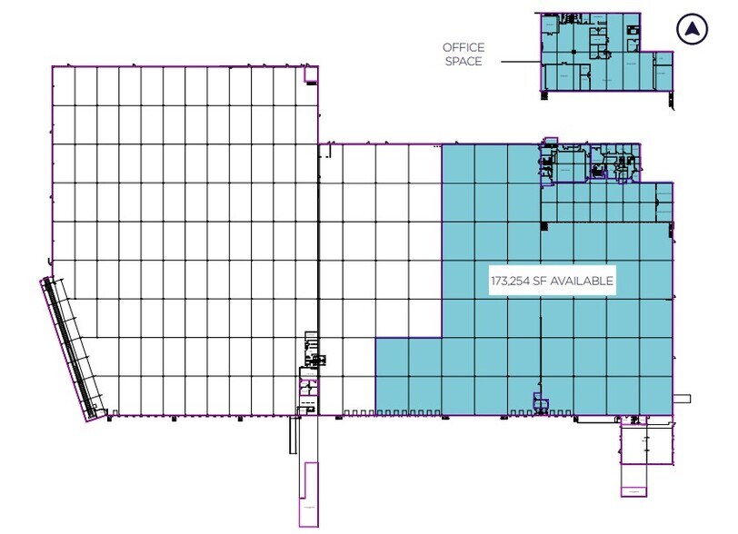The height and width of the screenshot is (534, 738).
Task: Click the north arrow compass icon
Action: tap(693, 30)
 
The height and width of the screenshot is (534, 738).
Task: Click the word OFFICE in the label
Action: tap(464, 47)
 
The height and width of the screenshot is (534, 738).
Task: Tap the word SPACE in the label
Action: tap(464, 61)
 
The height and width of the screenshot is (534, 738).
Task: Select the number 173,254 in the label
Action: tap(511, 282)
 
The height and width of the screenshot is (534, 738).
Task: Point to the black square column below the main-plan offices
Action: tap(544, 224)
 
